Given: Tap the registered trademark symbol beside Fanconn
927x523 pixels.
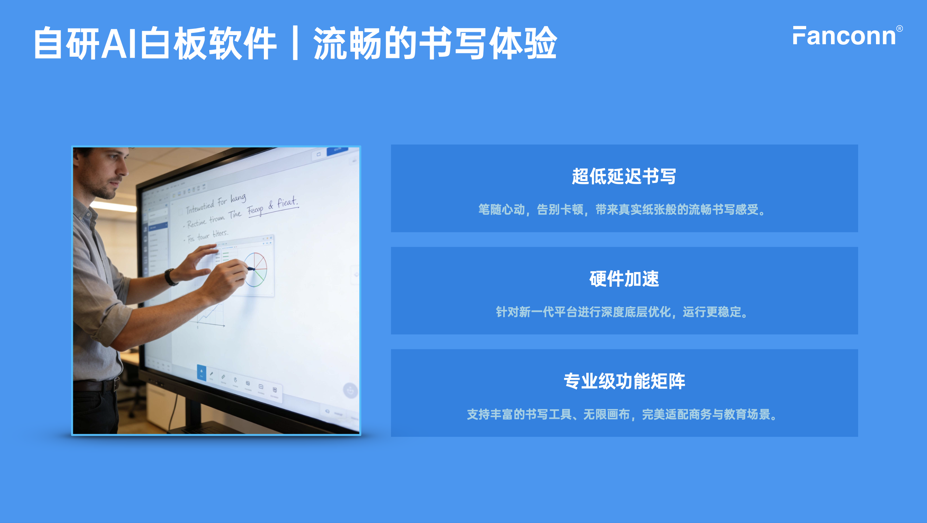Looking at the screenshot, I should tap(899, 29).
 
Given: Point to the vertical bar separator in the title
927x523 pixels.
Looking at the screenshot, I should tap(295, 43).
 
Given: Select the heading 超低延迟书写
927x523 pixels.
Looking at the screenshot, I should tap(624, 177).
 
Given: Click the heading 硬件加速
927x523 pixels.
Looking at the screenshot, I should tap(624, 279).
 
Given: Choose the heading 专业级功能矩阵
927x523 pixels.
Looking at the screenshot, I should tap(624, 381).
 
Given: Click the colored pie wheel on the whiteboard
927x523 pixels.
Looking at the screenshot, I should tap(256, 269).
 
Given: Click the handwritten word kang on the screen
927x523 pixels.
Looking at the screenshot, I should tap(238, 198).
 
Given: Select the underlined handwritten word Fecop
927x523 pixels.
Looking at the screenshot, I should tap(255, 210).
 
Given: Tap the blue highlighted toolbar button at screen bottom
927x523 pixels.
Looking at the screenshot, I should tap(202, 373).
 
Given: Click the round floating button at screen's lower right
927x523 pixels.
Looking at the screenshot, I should tap(350, 390).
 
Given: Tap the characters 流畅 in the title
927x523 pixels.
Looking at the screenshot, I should tap(347, 43).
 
